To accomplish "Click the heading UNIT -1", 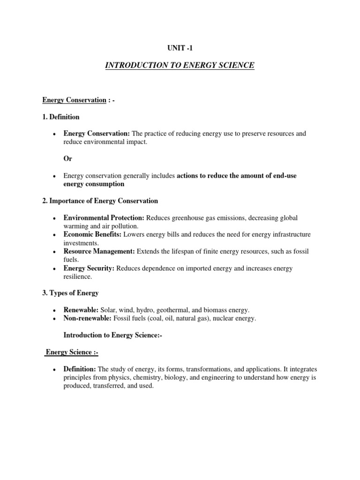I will (180, 48).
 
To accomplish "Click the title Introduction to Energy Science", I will (180, 65).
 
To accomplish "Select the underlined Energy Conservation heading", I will (75, 100).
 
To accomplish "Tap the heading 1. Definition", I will (61, 117).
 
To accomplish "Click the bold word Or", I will (68, 159).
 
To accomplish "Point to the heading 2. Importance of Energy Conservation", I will (100, 201).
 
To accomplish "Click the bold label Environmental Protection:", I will (105, 218).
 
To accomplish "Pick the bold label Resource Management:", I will (99, 252).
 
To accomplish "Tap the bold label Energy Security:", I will (89, 269).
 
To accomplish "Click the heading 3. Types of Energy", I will (70, 293).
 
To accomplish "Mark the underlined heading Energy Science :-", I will (71, 352).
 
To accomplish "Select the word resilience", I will (78, 277).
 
